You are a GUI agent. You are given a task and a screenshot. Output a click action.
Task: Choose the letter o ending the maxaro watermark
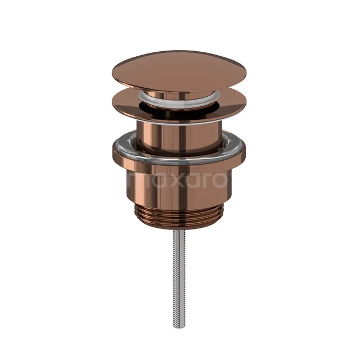click(x=220, y=180)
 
